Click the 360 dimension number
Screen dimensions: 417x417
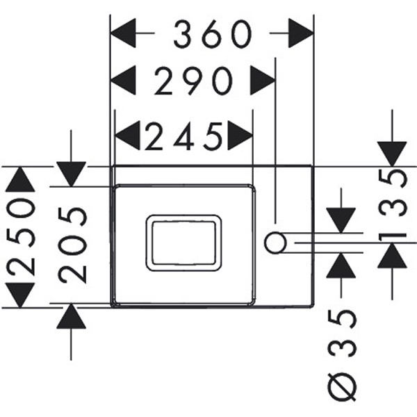coord(212,33)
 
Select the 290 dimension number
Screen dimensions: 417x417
coord(193,82)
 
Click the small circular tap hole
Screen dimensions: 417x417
coord(276,243)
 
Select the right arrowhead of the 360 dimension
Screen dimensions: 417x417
coord(300,33)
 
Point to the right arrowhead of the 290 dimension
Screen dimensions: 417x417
coord(263,82)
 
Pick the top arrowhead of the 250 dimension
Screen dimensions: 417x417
coord(19,179)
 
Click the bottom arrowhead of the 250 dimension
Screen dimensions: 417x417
coord(19,294)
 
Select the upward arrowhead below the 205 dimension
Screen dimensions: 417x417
coord(71,317)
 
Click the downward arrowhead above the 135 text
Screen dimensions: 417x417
coord(392,154)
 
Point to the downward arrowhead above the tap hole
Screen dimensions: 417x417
coord(341,220)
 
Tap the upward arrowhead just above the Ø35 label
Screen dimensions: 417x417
coord(341,266)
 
